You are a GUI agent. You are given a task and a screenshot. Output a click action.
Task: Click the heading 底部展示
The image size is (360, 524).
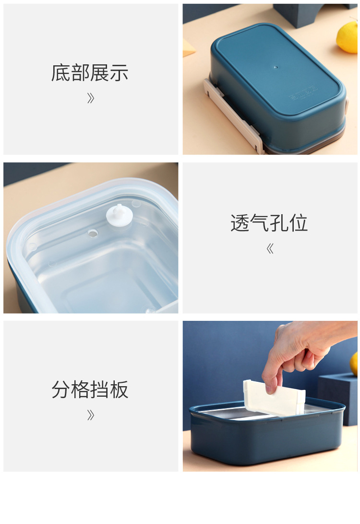click(x=90, y=73)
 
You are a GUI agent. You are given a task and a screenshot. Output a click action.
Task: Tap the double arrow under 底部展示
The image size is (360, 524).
click(x=90, y=98)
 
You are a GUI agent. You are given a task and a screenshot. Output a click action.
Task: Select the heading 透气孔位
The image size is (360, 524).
click(x=269, y=223)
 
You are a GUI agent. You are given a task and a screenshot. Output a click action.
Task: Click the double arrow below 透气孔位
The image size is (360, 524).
click(x=270, y=249)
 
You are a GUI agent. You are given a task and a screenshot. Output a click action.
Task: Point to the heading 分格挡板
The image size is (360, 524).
click(x=90, y=390)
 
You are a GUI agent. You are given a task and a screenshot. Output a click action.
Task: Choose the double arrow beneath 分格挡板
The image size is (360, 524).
click(x=90, y=415)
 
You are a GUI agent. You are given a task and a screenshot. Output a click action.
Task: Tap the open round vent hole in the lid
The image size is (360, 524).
click(x=93, y=233)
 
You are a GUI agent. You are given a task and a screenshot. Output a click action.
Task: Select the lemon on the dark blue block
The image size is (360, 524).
click(x=354, y=364)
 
